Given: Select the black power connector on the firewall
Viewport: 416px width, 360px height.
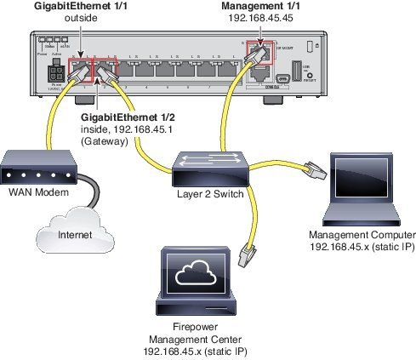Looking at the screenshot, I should (x=57, y=73).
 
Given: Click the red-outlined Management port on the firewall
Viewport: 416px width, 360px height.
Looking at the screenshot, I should (x=255, y=54).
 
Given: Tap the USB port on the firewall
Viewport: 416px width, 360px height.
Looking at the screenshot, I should (x=296, y=70).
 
